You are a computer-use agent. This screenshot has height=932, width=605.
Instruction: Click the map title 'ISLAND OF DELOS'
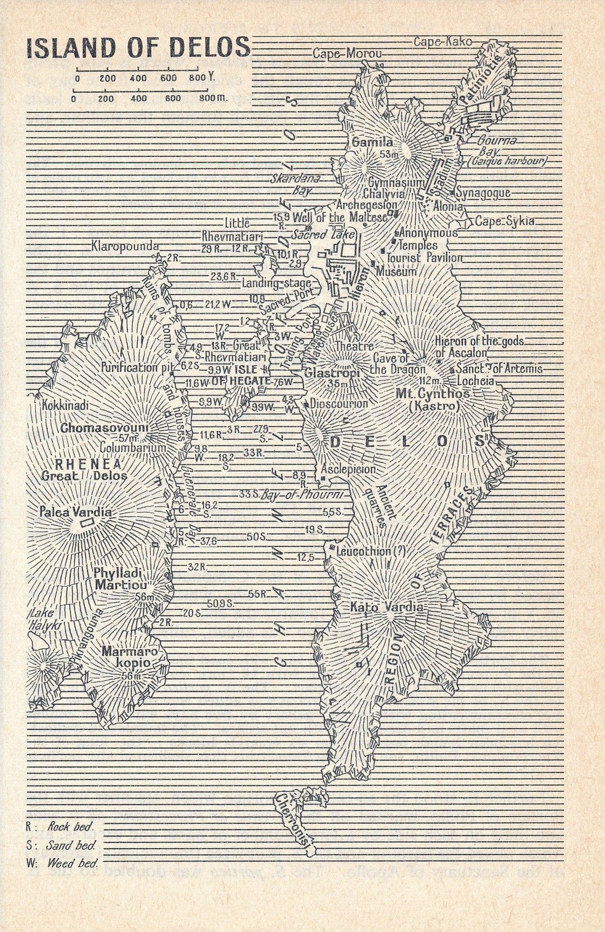click(138, 48)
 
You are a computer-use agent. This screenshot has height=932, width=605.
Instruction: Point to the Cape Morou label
click(347, 54)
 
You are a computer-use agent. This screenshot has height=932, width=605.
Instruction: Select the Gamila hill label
click(372, 142)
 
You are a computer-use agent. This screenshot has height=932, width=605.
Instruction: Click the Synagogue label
click(483, 193)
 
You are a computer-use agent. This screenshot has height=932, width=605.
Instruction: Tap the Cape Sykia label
click(504, 221)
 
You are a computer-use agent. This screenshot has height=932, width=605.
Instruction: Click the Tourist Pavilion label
click(425, 258)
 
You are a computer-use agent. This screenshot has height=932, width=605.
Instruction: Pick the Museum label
click(396, 272)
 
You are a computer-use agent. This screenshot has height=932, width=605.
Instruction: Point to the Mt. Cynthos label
click(433, 394)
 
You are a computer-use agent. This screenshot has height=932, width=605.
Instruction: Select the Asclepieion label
click(348, 469)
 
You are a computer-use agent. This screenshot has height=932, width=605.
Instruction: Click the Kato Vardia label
click(387, 607)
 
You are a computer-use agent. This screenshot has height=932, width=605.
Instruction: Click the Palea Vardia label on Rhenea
click(75, 512)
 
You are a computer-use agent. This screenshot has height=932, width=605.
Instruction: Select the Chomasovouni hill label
click(105, 428)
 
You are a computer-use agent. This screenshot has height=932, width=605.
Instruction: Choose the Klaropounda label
click(125, 246)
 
